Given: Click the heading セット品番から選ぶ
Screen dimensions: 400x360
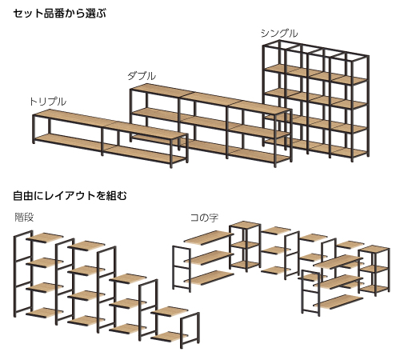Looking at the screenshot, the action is pyautogui.click(x=59, y=14).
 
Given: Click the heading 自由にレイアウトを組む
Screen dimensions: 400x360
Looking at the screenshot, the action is pyautogui.click(x=70, y=196).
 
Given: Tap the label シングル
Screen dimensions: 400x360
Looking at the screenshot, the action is pyautogui.click(x=279, y=34).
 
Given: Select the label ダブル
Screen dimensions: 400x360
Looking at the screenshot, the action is pyautogui.click(x=142, y=76).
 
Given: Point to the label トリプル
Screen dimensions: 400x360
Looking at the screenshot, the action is pyautogui.click(x=48, y=102).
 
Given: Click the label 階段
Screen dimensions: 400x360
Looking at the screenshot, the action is pyautogui.click(x=24, y=217).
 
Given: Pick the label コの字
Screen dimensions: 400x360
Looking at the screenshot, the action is pyautogui.click(x=204, y=218).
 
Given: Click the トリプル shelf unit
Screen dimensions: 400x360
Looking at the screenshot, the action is pyautogui.click(x=110, y=138).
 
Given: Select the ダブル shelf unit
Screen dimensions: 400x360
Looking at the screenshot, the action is pyautogui.click(x=210, y=126).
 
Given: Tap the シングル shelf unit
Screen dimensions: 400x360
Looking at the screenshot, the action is pyautogui.click(x=316, y=101).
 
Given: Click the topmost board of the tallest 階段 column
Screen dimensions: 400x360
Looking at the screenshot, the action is pyautogui.click(x=45, y=238).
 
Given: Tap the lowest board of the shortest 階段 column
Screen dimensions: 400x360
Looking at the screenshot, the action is pyautogui.click(x=169, y=336).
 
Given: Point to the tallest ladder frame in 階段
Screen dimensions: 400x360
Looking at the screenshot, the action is pyautogui.click(x=23, y=274).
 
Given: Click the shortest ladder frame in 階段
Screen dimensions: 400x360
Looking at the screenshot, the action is pyautogui.click(x=190, y=330).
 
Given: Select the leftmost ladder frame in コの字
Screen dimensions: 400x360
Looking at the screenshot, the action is pyautogui.click(x=182, y=269).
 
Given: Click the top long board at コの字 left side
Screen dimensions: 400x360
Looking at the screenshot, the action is pyautogui.click(x=209, y=238).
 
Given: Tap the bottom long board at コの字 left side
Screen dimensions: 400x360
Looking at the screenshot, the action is pyautogui.click(x=209, y=278).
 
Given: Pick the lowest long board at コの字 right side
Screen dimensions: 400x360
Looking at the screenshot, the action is pyautogui.click(x=338, y=302).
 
